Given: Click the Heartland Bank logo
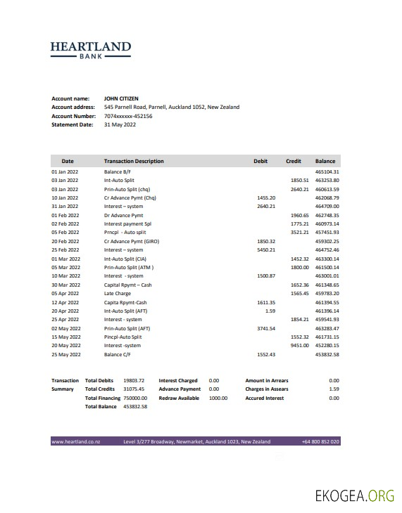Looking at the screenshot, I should coord(91,49).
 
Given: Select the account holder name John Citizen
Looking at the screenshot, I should coord(121,98).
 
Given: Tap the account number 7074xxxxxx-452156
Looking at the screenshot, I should coord(128,116).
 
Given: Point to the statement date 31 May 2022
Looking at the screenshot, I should coord(120,124).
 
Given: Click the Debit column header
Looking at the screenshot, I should coord(260,161).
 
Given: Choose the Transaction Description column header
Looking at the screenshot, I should coord(134,161).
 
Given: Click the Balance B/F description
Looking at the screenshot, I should coord(118,171).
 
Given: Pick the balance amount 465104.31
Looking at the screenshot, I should coord(327,171).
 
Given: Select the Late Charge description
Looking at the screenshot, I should coord(117,293).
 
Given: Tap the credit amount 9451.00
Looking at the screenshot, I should coord(300,345).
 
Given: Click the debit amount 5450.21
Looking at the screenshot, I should coord(266,249).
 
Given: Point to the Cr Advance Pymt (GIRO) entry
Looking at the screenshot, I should coord(132,241).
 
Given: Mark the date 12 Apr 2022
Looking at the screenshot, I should coord(65,301).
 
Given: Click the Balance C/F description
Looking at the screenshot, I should coord(118,353).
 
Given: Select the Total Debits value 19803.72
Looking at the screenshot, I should coord(134,380).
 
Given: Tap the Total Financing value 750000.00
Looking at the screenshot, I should coord(135,398).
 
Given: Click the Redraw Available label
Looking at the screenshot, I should coord(179,398).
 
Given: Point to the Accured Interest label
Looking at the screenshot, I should coord(265,398).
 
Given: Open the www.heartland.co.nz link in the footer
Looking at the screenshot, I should coord(76,441).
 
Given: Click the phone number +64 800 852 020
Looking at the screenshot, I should coord(320,441).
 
